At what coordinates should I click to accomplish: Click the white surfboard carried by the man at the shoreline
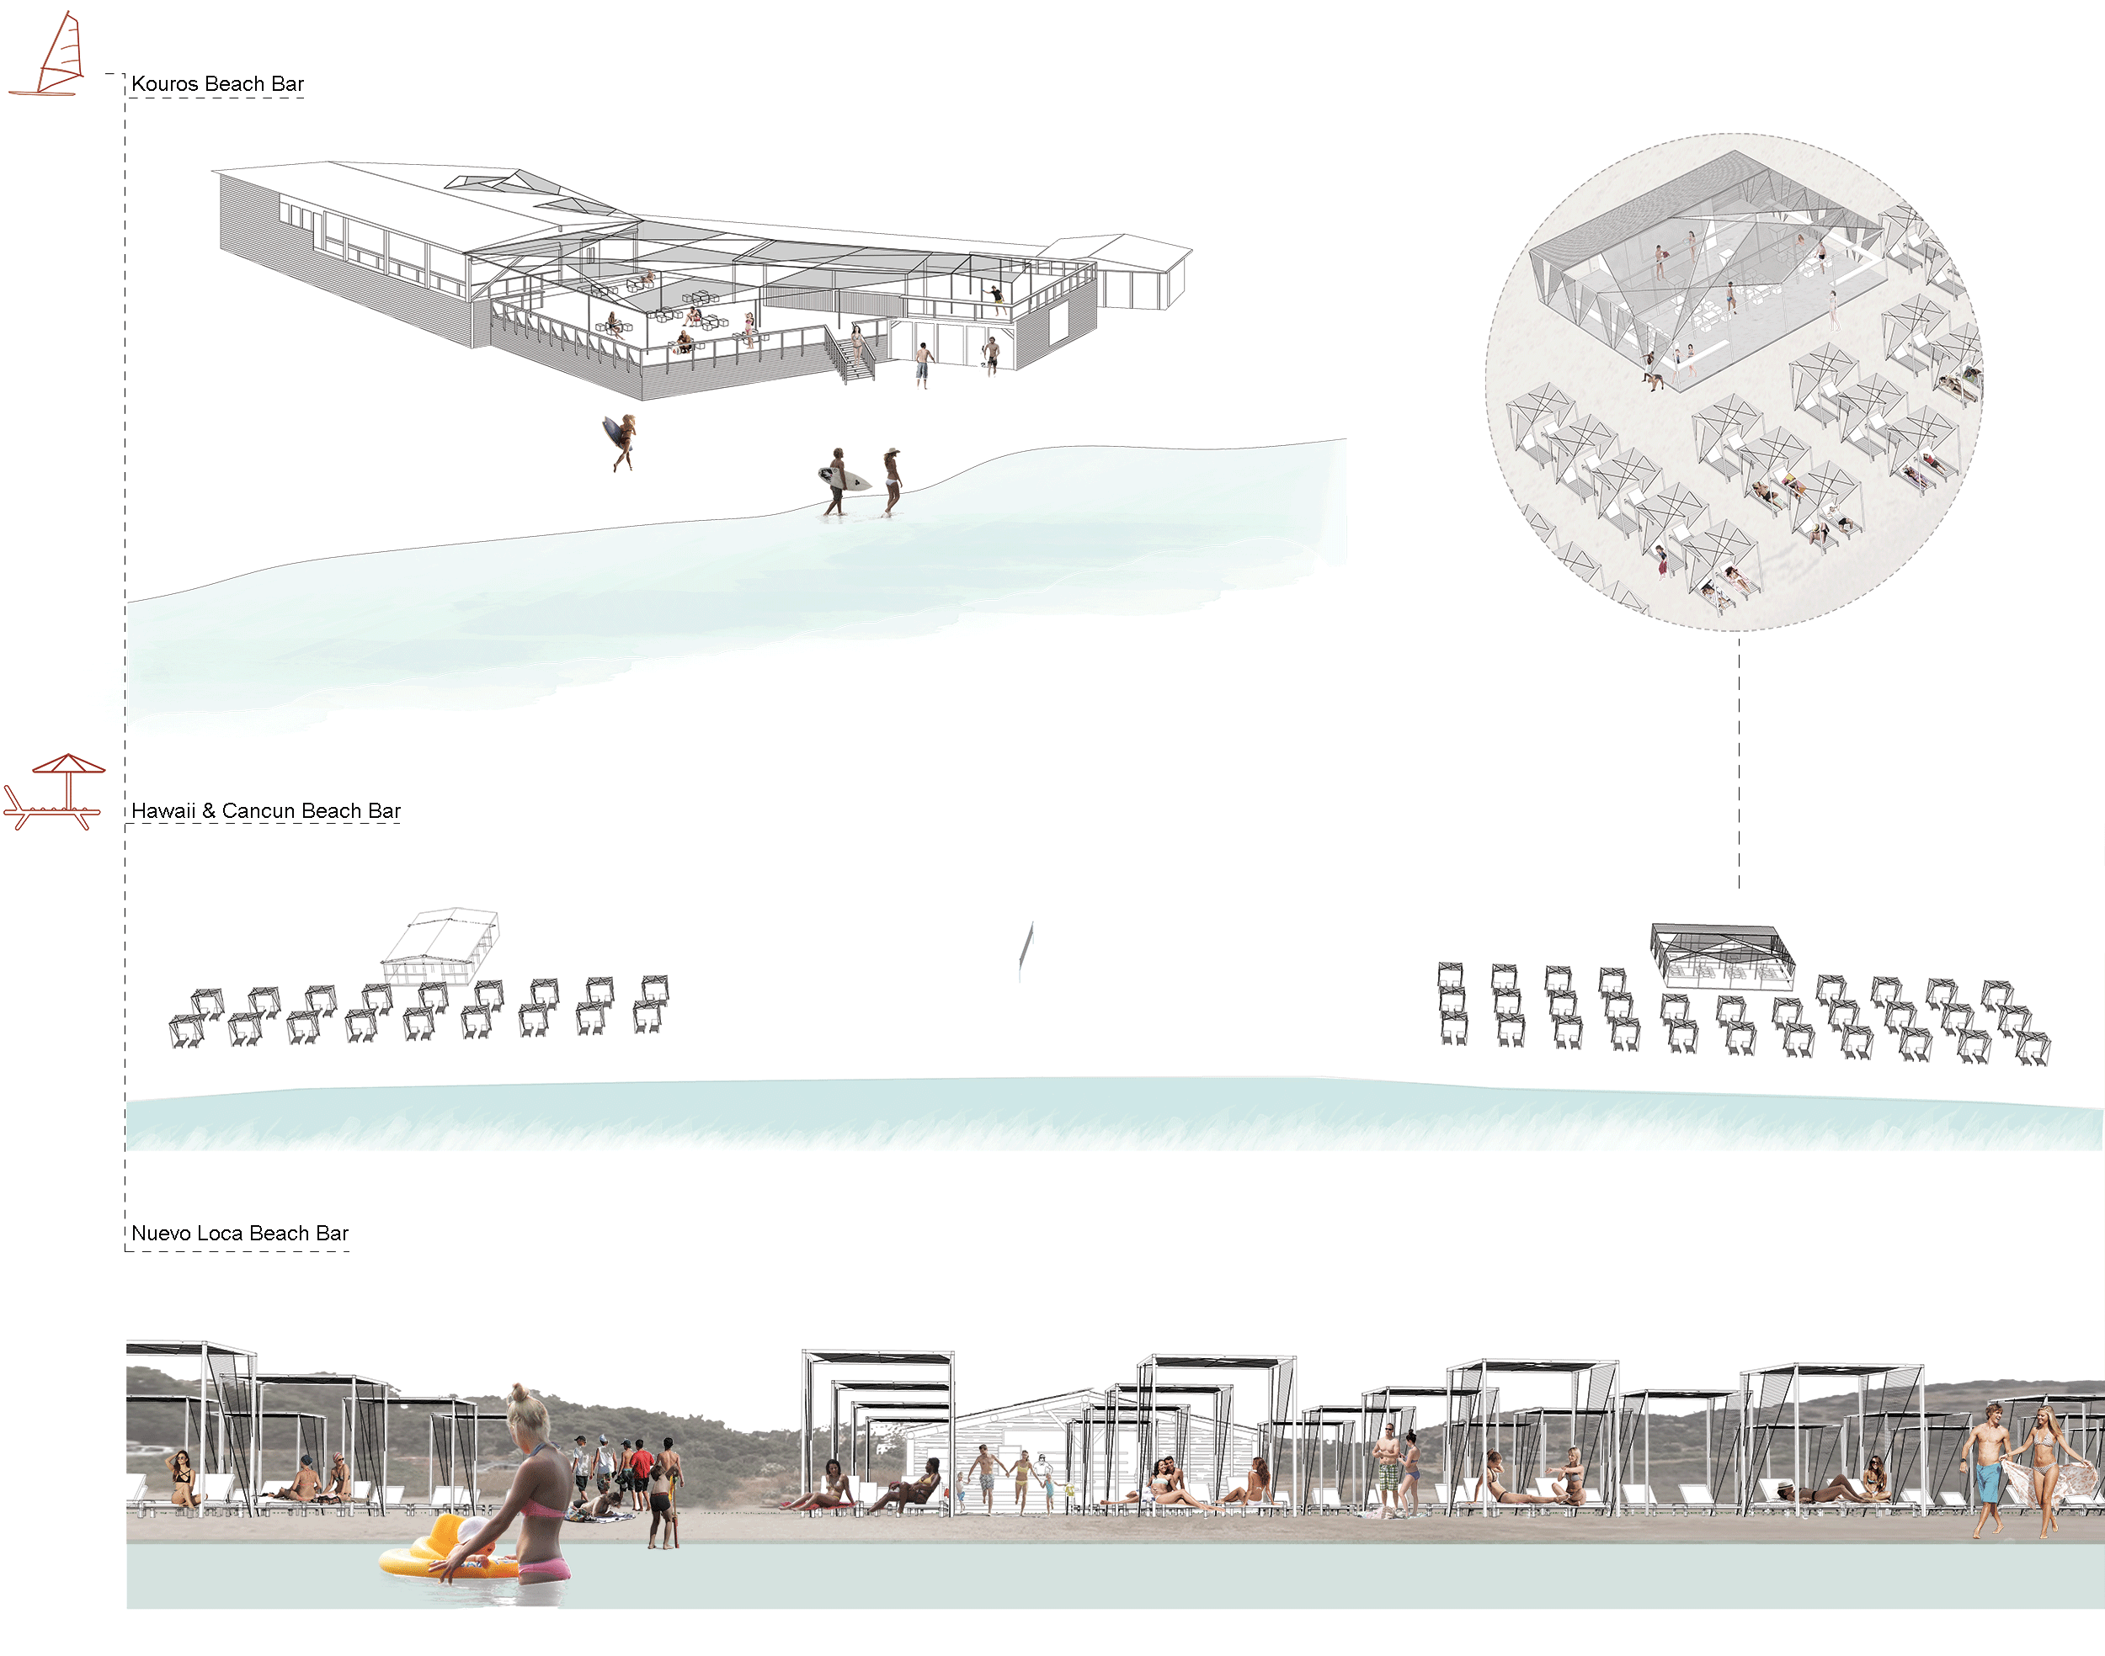[844, 477]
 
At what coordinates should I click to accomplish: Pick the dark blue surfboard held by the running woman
[614, 433]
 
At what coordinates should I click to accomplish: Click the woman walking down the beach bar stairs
[857, 342]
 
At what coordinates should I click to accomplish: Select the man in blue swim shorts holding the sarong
[1988, 1469]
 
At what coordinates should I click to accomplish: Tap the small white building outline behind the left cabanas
[441, 945]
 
